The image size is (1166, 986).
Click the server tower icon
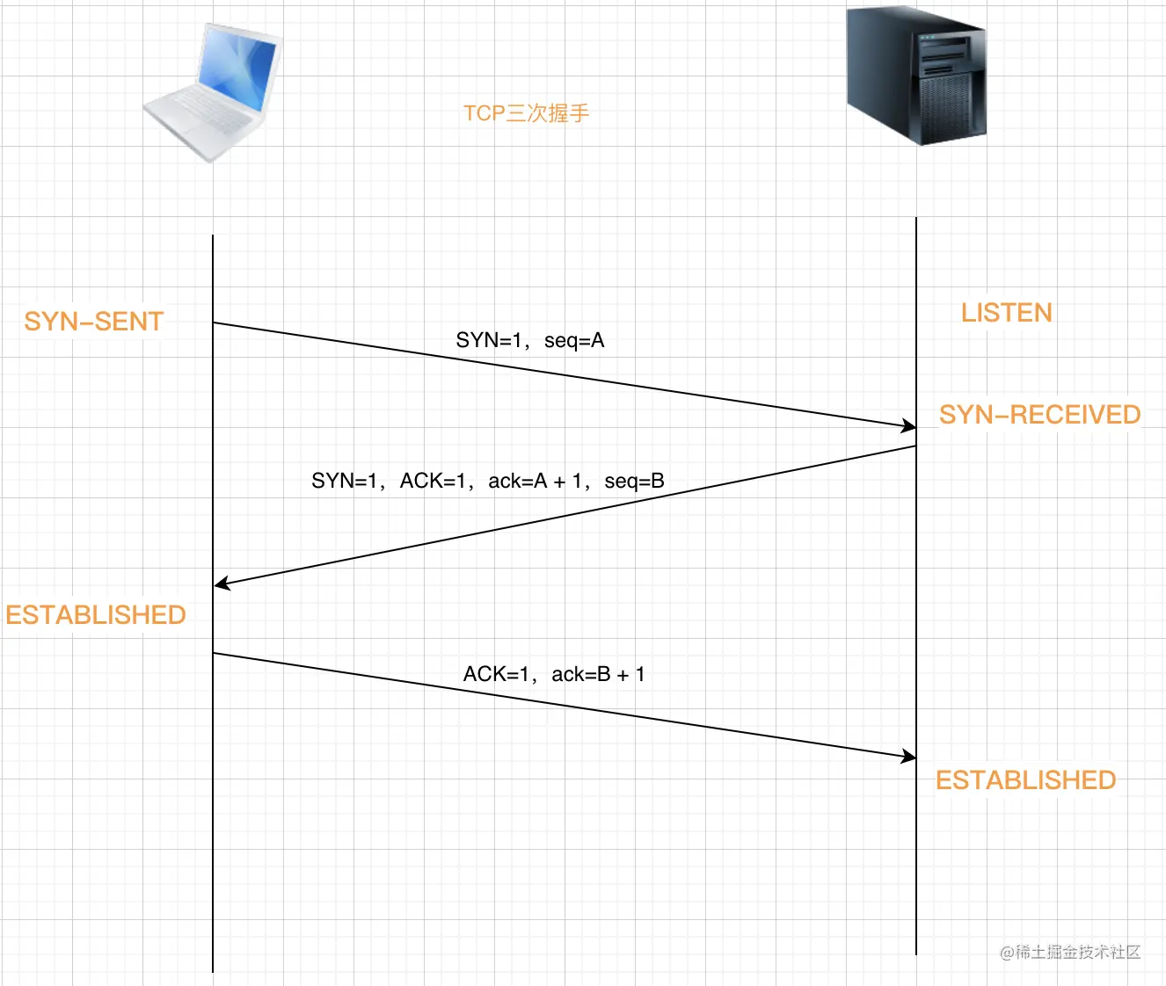[915, 77]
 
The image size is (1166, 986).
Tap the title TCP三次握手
[526, 113]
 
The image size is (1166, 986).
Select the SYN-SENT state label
[94, 322]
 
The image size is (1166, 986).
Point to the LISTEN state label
[1006, 313]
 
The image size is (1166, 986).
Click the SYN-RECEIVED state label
[1039, 415]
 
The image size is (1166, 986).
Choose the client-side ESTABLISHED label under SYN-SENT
[96, 615]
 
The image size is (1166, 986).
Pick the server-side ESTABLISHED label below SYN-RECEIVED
[1025, 780]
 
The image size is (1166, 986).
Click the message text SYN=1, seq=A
[529, 341]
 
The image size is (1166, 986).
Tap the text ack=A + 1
[535, 482]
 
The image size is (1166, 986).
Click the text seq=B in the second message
[634, 482]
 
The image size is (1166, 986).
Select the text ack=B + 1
[598, 675]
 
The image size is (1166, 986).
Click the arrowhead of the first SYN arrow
[909, 426]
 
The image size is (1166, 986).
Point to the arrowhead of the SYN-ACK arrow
[221, 584]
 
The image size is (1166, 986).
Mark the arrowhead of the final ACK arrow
[909, 756]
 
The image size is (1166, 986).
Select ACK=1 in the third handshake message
[496, 675]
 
